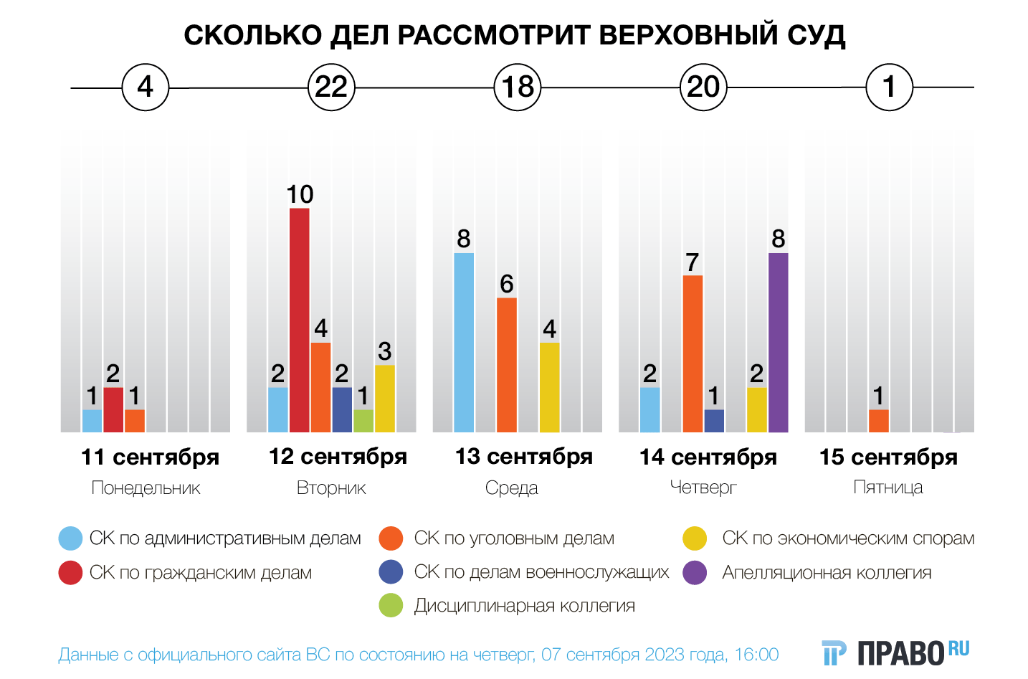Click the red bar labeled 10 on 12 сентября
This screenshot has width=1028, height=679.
[300, 320]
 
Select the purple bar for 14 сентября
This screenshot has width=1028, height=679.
[778, 343]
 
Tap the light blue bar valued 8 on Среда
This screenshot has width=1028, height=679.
[464, 343]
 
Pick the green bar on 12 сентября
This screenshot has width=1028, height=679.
[363, 421]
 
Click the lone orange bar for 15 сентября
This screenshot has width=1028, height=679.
[878, 421]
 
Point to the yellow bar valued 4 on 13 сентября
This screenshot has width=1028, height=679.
[549, 387]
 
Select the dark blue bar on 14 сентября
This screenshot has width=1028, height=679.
[714, 421]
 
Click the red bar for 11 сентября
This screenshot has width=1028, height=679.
[113, 409]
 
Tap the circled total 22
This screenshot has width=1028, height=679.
[331, 87]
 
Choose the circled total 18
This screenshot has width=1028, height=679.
[518, 87]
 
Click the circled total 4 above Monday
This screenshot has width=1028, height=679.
[146, 87]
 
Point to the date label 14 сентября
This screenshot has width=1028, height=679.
[708, 457]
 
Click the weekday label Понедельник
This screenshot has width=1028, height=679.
[146, 488]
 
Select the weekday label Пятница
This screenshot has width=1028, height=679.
[887, 488]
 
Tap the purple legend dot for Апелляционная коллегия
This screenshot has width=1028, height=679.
[695, 573]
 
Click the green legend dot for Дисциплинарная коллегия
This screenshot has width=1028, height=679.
[391, 606]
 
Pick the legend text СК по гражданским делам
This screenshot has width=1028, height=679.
[201, 573]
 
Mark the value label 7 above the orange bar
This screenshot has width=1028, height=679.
[692, 262]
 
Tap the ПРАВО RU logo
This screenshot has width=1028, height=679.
[895, 652]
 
